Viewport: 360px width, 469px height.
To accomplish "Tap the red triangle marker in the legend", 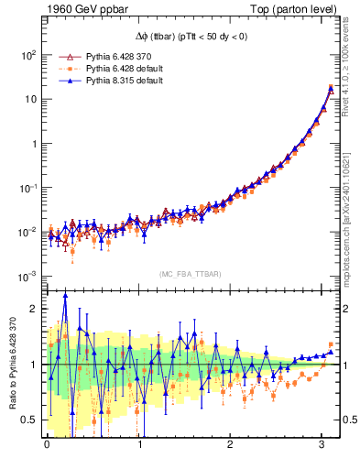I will point(63,56).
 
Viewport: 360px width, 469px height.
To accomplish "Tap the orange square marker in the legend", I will point(63,68).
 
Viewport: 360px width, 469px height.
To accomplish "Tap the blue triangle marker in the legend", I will point(63,81).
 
